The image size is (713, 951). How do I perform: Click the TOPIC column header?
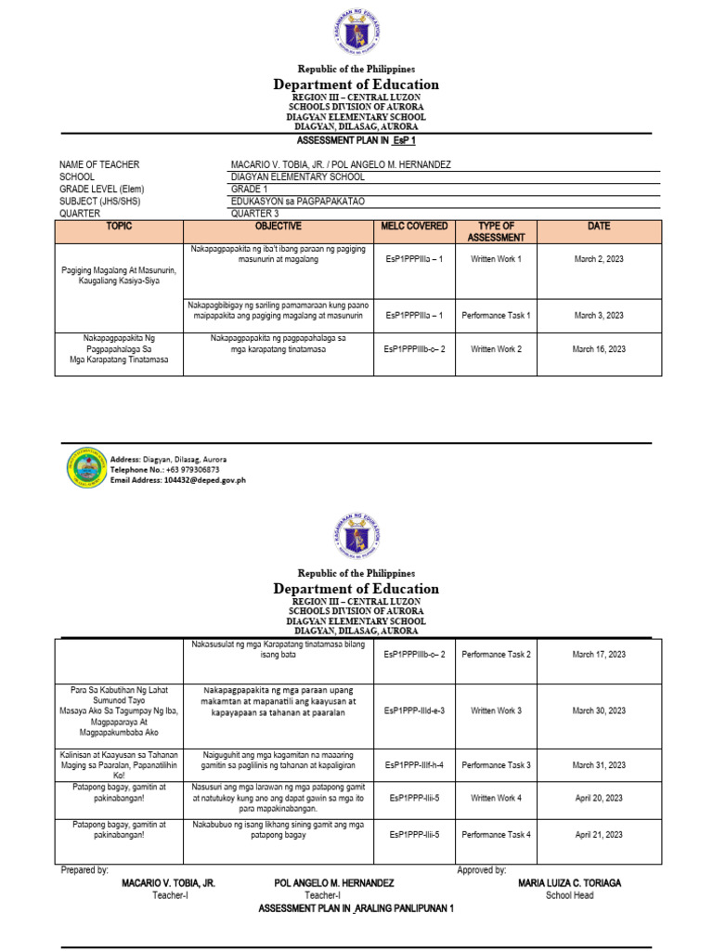(120, 227)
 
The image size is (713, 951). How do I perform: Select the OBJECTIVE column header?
(279, 227)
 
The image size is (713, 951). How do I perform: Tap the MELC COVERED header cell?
(414, 227)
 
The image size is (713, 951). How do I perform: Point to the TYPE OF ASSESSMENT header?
(496, 231)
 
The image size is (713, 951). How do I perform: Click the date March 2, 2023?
(599, 259)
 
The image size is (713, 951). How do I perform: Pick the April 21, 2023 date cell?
(599, 835)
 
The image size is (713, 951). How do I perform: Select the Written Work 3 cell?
(496, 710)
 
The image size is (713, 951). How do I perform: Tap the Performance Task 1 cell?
(496, 316)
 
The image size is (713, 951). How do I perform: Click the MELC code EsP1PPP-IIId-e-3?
(414, 710)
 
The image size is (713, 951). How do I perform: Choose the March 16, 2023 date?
(599, 349)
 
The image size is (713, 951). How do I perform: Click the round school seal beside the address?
(86, 468)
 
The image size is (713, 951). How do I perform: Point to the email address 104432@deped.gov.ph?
(178, 480)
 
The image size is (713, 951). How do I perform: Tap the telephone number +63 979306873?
(165, 470)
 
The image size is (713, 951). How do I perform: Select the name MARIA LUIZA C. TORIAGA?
(569, 883)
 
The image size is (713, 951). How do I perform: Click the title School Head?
(569, 895)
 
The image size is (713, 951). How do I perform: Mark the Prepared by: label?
(84, 870)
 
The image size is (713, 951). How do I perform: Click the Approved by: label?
(481, 870)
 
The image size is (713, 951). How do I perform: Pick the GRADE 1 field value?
(248, 189)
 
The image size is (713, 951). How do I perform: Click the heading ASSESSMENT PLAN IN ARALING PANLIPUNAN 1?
(356, 908)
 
